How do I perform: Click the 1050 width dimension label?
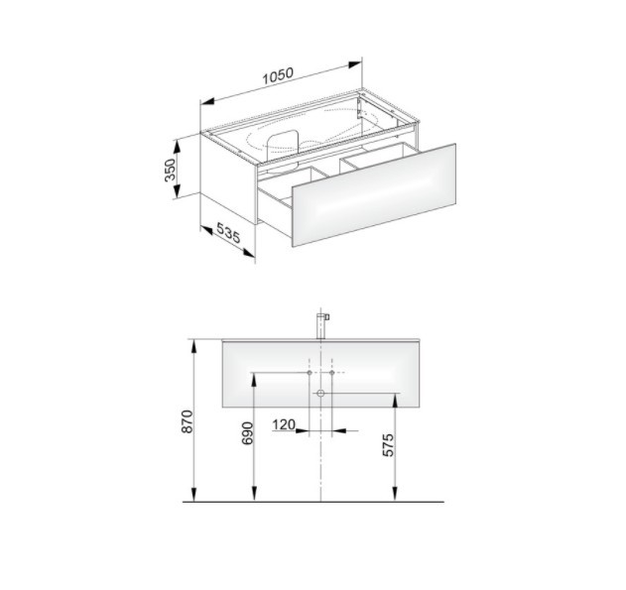tap(278, 75)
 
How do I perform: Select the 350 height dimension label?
tap(170, 170)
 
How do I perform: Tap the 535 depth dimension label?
tap(228, 233)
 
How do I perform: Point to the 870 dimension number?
tap(188, 421)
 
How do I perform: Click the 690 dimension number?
tap(248, 433)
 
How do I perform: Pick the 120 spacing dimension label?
tap(284, 424)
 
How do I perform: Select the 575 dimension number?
tap(388, 445)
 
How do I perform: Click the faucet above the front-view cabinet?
tap(321, 325)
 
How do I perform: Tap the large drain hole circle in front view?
tap(320, 394)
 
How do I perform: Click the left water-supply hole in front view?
tap(310, 373)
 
